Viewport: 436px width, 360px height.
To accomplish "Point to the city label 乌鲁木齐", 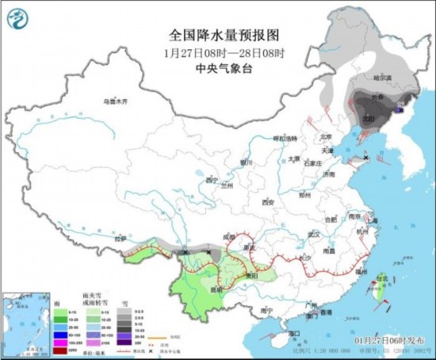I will point(116,101).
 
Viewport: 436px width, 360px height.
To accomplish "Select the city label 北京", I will point(322,136).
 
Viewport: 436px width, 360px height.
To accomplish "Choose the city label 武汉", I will point(314,234).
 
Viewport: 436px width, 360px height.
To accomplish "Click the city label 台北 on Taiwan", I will point(382,278).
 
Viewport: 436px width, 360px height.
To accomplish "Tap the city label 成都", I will point(230,236).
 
